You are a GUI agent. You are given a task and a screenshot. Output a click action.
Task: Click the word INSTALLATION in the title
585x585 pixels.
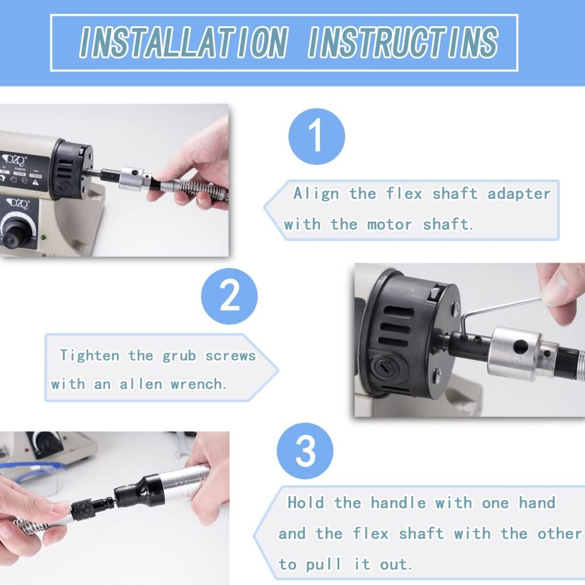pyautogui.click(x=184, y=43)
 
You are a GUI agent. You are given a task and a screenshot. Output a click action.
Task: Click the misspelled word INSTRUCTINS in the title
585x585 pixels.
pyautogui.click(x=403, y=43)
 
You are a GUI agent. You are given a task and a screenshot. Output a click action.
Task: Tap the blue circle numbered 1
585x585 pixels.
pyautogui.click(x=316, y=136)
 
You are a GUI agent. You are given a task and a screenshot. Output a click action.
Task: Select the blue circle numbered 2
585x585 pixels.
pyautogui.click(x=229, y=296)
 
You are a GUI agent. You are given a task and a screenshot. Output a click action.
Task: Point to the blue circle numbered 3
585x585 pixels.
pyautogui.click(x=305, y=450)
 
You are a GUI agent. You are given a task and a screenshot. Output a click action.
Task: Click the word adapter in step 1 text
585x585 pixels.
pyautogui.click(x=519, y=194)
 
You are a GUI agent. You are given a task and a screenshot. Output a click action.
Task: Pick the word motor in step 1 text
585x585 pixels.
pyautogui.click(x=390, y=225)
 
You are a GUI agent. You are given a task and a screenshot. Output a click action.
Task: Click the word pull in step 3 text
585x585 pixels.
pyautogui.click(x=324, y=564)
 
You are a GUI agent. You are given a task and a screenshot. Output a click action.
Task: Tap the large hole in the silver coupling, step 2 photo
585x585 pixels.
pyautogui.click(x=520, y=347)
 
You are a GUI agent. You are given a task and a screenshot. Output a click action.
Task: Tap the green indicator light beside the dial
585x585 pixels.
pyautogui.click(x=44, y=238)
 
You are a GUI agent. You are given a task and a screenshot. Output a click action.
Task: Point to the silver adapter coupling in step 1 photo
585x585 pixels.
pyautogui.click(x=132, y=178)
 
